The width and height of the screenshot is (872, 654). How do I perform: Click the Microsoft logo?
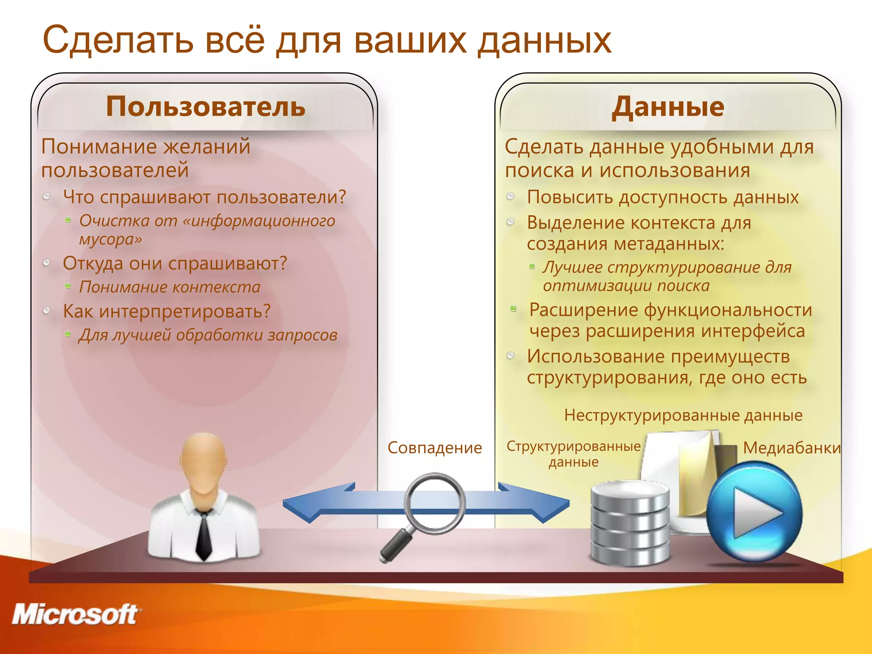pyautogui.click(x=76, y=614)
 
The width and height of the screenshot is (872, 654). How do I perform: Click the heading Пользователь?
pyautogui.click(x=206, y=106)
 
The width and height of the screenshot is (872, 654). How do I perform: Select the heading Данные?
pyautogui.click(x=668, y=106)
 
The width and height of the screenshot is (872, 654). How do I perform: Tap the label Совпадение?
pyautogui.click(x=434, y=448)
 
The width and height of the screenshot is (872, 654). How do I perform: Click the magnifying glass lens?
pyautogui.click(x=434, y=503)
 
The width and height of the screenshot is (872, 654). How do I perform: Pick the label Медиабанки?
pyautogui.click(x=791, y=448)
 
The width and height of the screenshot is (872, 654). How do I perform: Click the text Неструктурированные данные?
pyautogui.click(x=683, y=415)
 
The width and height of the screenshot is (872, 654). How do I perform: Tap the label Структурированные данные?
pyautogui.click(x=573, y=454)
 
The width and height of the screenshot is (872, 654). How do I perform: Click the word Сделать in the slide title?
pyautogui.click(x=118, y=40)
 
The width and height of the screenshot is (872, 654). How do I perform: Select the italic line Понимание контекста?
pyautogui.click(x=169, y=287)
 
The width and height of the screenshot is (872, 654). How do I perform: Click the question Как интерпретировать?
pyautogui.click(x=166, y=311)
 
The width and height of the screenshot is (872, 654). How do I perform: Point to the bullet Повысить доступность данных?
pyautogui.click(x=663, y=197)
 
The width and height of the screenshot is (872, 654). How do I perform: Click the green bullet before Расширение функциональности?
pyautogui.click(x=513, y=309)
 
